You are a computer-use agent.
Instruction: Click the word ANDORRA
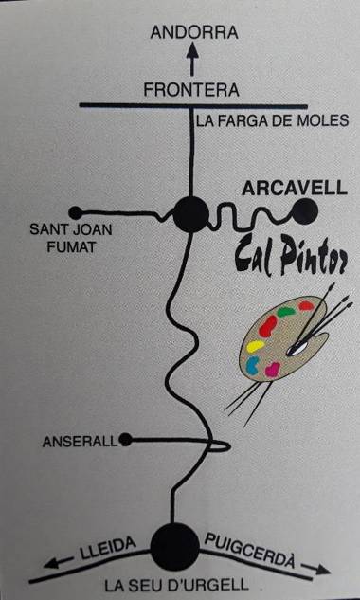pyautogui.click(x=194, y=32)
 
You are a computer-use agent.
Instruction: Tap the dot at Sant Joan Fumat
pyautogui.click(x=76, y=212)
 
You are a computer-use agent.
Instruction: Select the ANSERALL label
pyautogui.click(x=81, y=442)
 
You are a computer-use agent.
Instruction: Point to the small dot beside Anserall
pyautogui.click(x=126, y=439)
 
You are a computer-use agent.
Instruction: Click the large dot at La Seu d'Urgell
pyautogui.click(x=175, y=544)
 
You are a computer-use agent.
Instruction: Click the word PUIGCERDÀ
pyautogui.click(x=258, y=551)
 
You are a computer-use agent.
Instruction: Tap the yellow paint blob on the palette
pyautogui.click(x=254, y=347)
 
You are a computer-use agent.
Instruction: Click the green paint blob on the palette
pyautogui.click(x=285, y=312)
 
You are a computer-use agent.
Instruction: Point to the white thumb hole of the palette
pyautogui.click(x=297, y=349)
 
